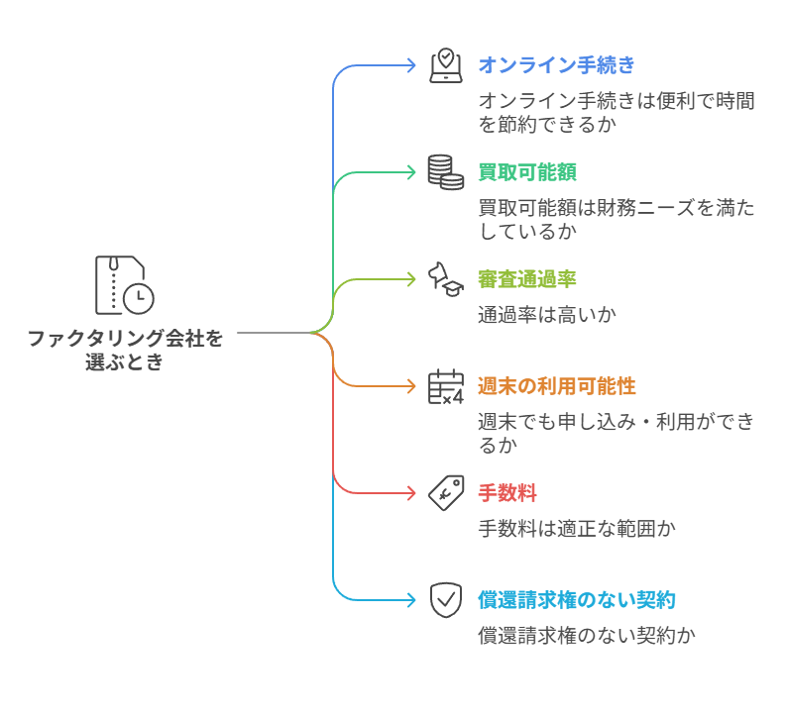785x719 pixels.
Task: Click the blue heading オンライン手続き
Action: point(556,65)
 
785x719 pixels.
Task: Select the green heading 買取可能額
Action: point(520,172)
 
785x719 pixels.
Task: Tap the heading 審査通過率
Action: point(527,279)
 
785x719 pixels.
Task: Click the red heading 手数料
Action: point(507,492)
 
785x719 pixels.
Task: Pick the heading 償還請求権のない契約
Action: point(577,599)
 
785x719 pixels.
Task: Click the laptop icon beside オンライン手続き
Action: point(446,65)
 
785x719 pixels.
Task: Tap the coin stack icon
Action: point(446,172)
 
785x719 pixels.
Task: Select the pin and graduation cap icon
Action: point(446,278)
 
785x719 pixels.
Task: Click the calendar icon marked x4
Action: point(446,386)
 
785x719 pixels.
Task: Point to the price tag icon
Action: point(446,492)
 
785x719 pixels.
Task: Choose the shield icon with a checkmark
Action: point(446,599)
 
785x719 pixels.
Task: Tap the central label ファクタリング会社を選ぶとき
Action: point(125,350)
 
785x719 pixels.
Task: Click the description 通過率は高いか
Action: point(547,315)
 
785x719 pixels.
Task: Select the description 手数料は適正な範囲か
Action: point(577,528)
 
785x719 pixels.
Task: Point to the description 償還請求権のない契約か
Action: point(587,635)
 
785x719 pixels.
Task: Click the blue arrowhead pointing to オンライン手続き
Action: point(411,65)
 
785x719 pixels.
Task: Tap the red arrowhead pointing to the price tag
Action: point(411,492)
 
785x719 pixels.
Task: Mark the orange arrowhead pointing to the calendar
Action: point(411,386)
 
